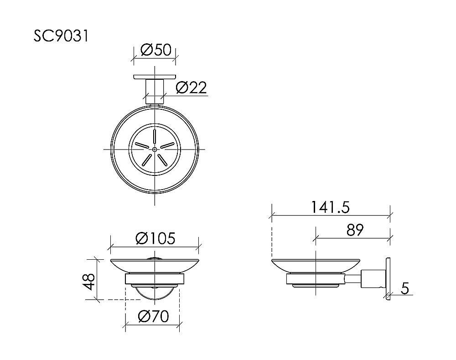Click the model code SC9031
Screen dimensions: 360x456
pos(61,36)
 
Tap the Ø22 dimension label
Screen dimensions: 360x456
pos(191,87)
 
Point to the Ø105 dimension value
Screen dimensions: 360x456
pos(155,238)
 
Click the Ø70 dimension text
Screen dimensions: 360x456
pos(153,316)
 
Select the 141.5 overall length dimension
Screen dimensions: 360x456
pos(331,207)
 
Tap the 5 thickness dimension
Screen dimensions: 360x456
pos(405,288)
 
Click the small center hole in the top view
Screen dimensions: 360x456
pos(155,149)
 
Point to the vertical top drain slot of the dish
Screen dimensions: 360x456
pos(155,137)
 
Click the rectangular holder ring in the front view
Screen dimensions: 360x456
pos(155,279)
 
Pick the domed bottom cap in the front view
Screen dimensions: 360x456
pos(155,290)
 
